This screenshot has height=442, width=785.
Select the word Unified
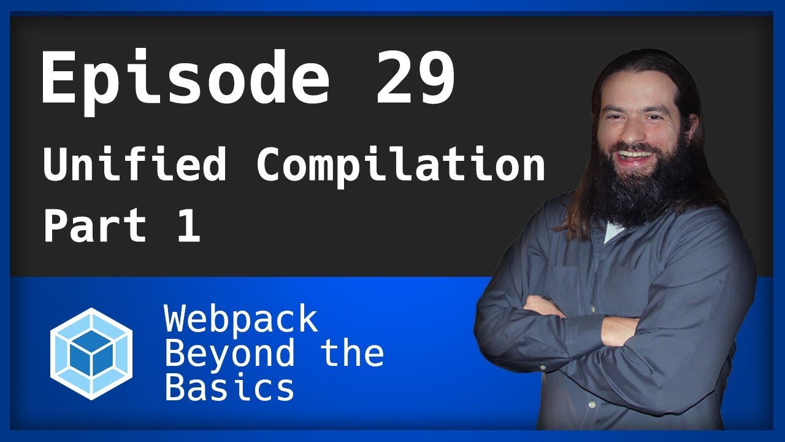[134, 165]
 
